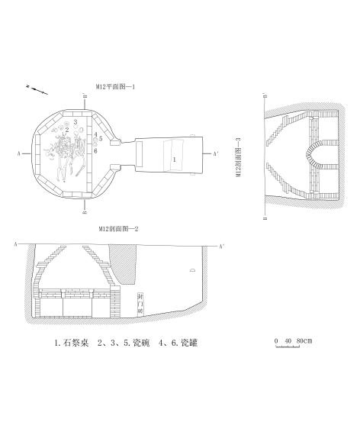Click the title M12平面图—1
[x=116, y=86]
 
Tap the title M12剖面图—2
[x=117, y=228]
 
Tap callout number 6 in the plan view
[x=96, y=150]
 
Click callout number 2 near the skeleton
[x=68, y=130]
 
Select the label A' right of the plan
[x=217, y=153]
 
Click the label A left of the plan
[x=17, y=153]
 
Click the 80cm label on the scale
[x=303, y=339]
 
